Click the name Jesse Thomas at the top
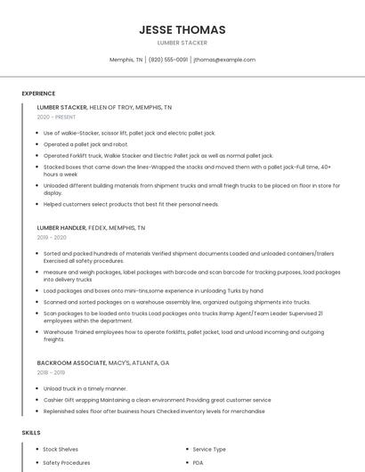point(182,29)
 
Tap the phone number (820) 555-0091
point(168,60)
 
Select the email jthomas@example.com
point(224,60)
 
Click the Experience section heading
point(38,93)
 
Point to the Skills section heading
point(31,433)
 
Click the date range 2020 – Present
point(56,117)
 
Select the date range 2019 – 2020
point(52,238)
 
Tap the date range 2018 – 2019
point(52,373)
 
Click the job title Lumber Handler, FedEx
point(91,228)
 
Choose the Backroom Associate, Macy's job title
point(102,363)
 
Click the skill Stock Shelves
point(61,450)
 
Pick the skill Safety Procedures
point(66,463)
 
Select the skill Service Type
point(209,450)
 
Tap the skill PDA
point(199,463)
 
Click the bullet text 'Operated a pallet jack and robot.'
point(85,143)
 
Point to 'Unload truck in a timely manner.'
point(85,388)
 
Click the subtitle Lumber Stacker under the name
point(182,42)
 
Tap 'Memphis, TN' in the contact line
point(126,60)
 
